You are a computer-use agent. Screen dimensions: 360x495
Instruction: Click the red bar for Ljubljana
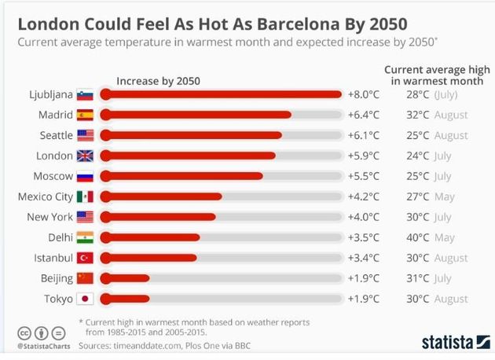click(220, 94)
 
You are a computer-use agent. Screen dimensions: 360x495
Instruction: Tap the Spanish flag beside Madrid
click(85, 115)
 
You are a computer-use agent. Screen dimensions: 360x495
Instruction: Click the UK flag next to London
click(85, 156)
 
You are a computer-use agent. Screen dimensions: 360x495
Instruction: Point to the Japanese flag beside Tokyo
click(85, 299)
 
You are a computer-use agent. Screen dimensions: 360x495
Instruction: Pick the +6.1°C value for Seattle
click(363, 135)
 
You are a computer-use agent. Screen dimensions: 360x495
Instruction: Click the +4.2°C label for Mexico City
click(363, 197)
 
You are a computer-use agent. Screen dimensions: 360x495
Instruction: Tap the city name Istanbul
click(53, 258)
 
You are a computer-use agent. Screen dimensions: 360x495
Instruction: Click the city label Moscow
click(53, 176)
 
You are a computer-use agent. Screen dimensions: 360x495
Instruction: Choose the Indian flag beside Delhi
click(85, 237)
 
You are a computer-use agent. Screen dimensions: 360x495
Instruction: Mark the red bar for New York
click(156, 217)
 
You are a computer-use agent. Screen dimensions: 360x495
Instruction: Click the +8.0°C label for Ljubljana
click(363, 94)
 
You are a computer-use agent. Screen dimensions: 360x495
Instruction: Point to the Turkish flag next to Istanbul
click(85, 258)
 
